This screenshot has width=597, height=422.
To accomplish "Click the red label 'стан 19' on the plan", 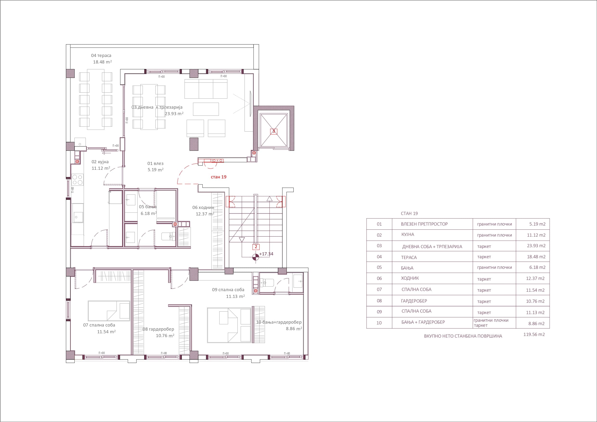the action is pyautogui.click(x=218, y=177).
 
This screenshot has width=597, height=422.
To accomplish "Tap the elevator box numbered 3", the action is pyautogui.click(x=273, y=131).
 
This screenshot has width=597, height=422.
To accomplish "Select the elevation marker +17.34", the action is pyautogui.click(x=266, y=254).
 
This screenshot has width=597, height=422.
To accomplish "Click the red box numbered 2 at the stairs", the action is pyautogui.click(x=256, y=247).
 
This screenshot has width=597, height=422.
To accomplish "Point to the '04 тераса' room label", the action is pyautogui.click(x=101, y=55).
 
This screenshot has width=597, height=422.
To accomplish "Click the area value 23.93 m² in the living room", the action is pyautogui.click(x=174, y=114).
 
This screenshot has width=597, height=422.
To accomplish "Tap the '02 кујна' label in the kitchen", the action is pyautogui.click(x=100, y=162).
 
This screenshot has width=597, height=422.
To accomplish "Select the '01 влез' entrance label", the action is pyautogui.click(x=155, y=164).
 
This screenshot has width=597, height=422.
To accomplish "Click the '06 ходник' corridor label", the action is pyautogui.click(x=203, y=208).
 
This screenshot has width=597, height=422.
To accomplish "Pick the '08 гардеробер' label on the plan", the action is pyautogui.click(x=158, y=329).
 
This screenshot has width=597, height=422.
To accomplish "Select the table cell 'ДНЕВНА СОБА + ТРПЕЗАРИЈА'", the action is pyautogui.click(x=432, y=247).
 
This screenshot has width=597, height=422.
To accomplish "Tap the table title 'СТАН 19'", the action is pyautogui.click(x=409, y=214).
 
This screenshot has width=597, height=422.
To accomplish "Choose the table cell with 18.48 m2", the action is pyautogui.click(x=536, y=257).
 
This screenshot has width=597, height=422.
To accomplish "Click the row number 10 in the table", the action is pyautogui.click(x=379, y=323).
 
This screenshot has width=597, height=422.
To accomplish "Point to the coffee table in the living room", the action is pyautogui.click(x=206, y=109).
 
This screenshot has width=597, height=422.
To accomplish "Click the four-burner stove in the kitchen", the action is pyautogui.click(x=77, y=180).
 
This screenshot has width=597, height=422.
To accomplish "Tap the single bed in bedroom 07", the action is pyautogui.click(x=109, y=311).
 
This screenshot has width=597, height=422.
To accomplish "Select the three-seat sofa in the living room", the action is pyautogui.click(x=206, y=89).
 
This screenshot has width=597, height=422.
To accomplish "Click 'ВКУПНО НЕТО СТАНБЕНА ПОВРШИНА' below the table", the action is pyautogui.click(x=463, y=336).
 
